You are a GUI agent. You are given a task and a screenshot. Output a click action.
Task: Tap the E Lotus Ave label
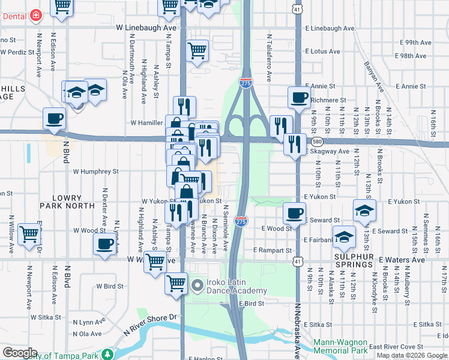pos(324,52)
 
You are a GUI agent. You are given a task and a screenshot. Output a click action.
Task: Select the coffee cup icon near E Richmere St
pos(299,97)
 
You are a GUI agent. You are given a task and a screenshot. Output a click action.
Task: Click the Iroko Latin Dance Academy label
pos(229,286)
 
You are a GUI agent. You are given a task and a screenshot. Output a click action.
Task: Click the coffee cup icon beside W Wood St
pos(105,244)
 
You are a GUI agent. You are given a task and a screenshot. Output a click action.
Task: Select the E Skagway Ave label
pos(327,152)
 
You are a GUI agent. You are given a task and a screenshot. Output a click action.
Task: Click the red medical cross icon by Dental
pos(37,15)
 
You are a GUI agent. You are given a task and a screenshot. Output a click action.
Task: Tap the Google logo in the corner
pos(20,353)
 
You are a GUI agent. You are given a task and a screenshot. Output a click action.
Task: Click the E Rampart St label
pos(273,250)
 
